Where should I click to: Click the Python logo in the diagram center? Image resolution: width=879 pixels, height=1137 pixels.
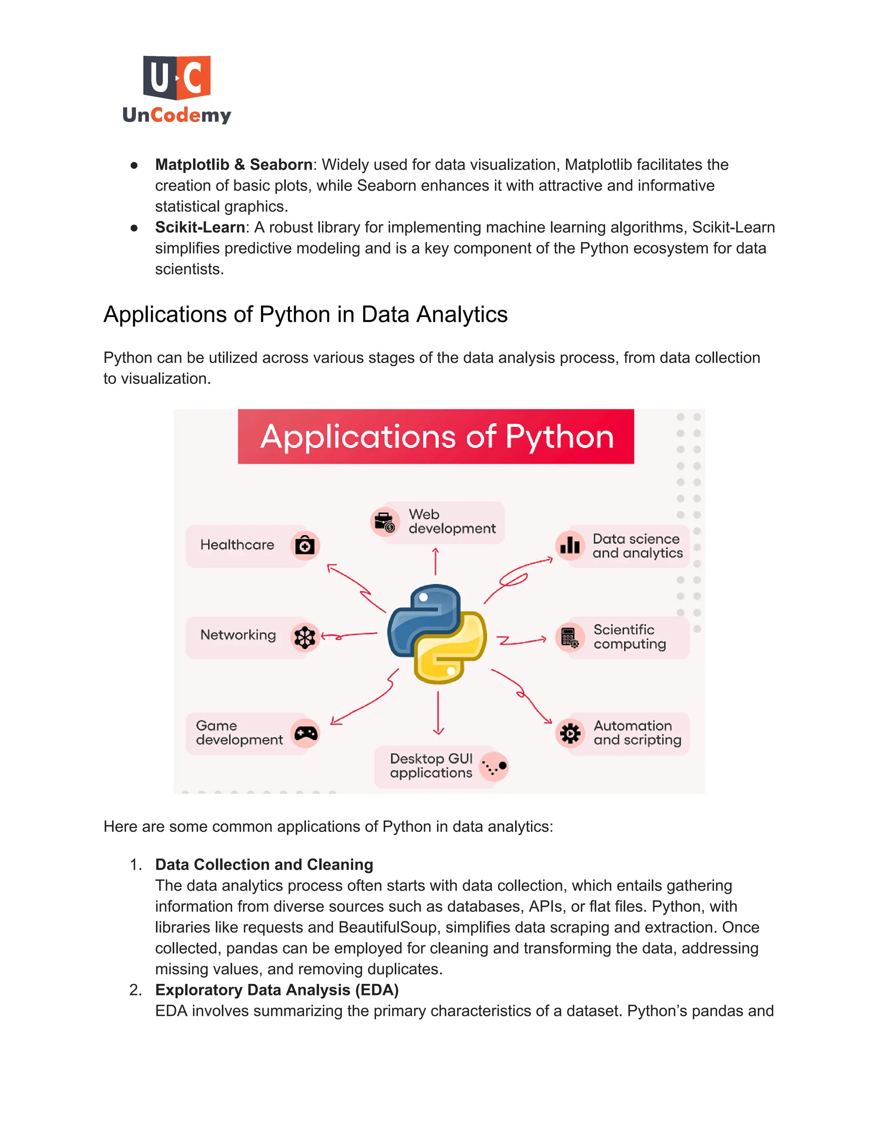437,634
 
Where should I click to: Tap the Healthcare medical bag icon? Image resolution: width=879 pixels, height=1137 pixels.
305,545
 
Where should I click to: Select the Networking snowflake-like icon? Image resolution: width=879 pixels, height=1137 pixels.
305,636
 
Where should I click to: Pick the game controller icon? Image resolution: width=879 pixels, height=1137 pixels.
306,734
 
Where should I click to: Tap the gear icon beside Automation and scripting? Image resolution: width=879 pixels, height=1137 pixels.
570,733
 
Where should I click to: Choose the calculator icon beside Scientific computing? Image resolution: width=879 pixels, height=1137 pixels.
570,637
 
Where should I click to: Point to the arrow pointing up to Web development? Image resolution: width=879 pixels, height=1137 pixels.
435,561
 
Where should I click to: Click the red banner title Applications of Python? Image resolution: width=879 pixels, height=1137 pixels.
436,436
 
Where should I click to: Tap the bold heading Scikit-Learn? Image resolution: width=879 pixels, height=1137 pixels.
200,227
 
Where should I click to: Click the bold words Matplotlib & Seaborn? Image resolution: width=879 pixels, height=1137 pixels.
234,164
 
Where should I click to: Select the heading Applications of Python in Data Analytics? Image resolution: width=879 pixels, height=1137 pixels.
305,314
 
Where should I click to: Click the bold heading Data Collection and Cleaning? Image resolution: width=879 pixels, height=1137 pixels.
264,864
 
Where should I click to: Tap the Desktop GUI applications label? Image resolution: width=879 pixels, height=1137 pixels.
431,765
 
